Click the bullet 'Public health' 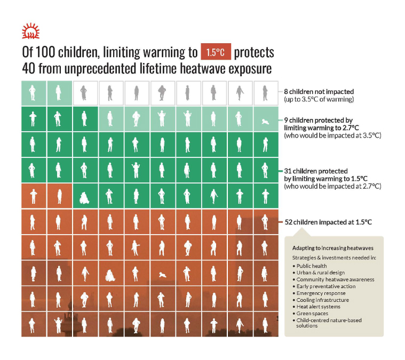click(312, 266)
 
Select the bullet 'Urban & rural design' click(320, 273)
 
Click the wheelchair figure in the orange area click(110, 275)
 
